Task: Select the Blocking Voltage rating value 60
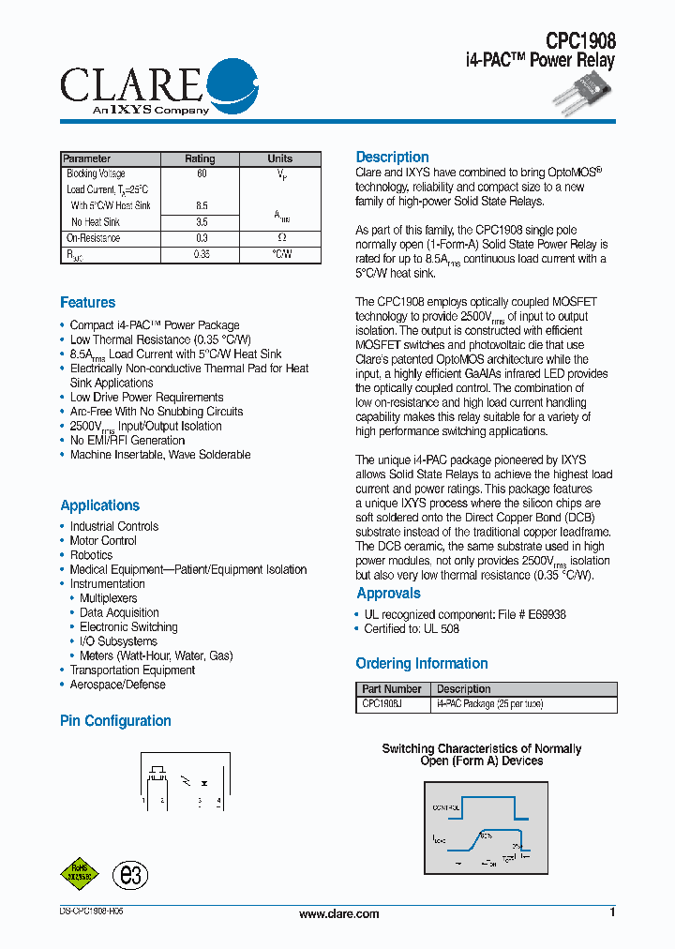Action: (x=201, y=174)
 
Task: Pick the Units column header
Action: (x=279, y=158)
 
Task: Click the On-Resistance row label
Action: (x=93, y=238)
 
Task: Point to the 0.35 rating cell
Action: (x=201, y=254)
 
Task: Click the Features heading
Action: (x=88, y=302)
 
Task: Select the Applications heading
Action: (x=99, y=505)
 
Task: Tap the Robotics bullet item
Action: (x=91, y=555)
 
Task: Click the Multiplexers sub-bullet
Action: (x=108, y=598)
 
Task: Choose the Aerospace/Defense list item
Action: (x=117, y=685)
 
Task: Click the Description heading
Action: (x=392, y=158)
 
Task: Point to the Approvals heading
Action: (x=388, y=594)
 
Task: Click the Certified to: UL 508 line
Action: (x=412, y=629)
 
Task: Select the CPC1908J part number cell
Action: (x=382, y=703)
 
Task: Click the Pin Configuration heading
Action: (x=115, y=721)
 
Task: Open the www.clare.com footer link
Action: (x=338, y=914)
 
